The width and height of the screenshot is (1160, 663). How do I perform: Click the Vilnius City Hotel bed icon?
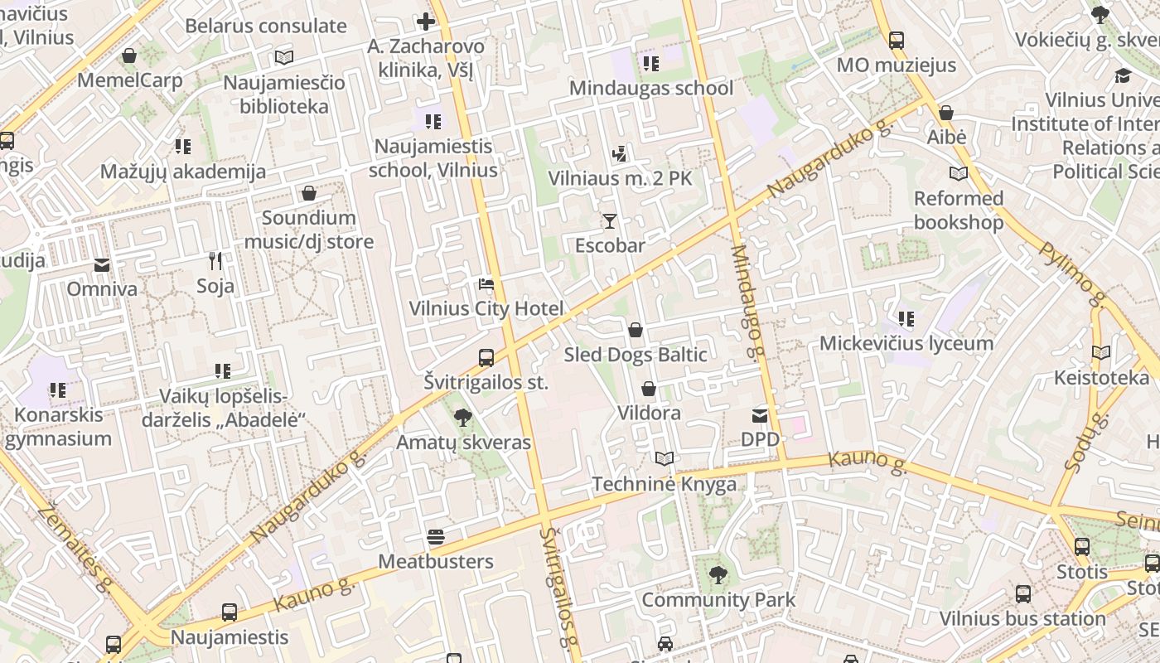tap(486, 284)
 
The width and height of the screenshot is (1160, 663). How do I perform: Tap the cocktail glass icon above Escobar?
tap(610, 220)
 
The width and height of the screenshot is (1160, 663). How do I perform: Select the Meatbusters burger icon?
tap(436, 537)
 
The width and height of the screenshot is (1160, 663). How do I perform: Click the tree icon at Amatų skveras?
tap(463, 418)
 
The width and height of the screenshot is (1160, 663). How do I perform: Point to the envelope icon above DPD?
tap(760, 415)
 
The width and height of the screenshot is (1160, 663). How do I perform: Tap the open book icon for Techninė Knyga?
tap(664, 458)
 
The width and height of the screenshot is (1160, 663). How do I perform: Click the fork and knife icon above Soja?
tap(215, 261)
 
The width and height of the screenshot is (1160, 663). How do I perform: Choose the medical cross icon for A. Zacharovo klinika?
tap(426, 22)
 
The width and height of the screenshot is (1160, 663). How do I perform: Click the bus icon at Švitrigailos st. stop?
tap(486, 358)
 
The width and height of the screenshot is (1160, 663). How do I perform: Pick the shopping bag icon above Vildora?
tap(649, 389)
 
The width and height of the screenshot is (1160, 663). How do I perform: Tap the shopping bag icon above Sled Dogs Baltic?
tap(636, 330)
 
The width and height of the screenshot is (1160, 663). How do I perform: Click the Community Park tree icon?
tap(718, 575)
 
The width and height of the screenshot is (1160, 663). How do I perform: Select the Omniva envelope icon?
tap(102, 265)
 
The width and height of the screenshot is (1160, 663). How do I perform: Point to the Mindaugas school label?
tap(651, 88)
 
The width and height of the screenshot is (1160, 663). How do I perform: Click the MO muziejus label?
tap(896, 65)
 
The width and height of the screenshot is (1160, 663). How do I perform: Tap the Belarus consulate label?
tap(266, 26)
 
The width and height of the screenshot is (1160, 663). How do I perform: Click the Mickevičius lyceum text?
tap(906, 343)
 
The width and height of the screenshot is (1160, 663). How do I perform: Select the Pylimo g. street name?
tap(1073, 273)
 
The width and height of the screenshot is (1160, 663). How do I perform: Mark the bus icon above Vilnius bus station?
tap(1023, 594)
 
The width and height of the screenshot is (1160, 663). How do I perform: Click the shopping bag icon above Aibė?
tap(945, 113)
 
